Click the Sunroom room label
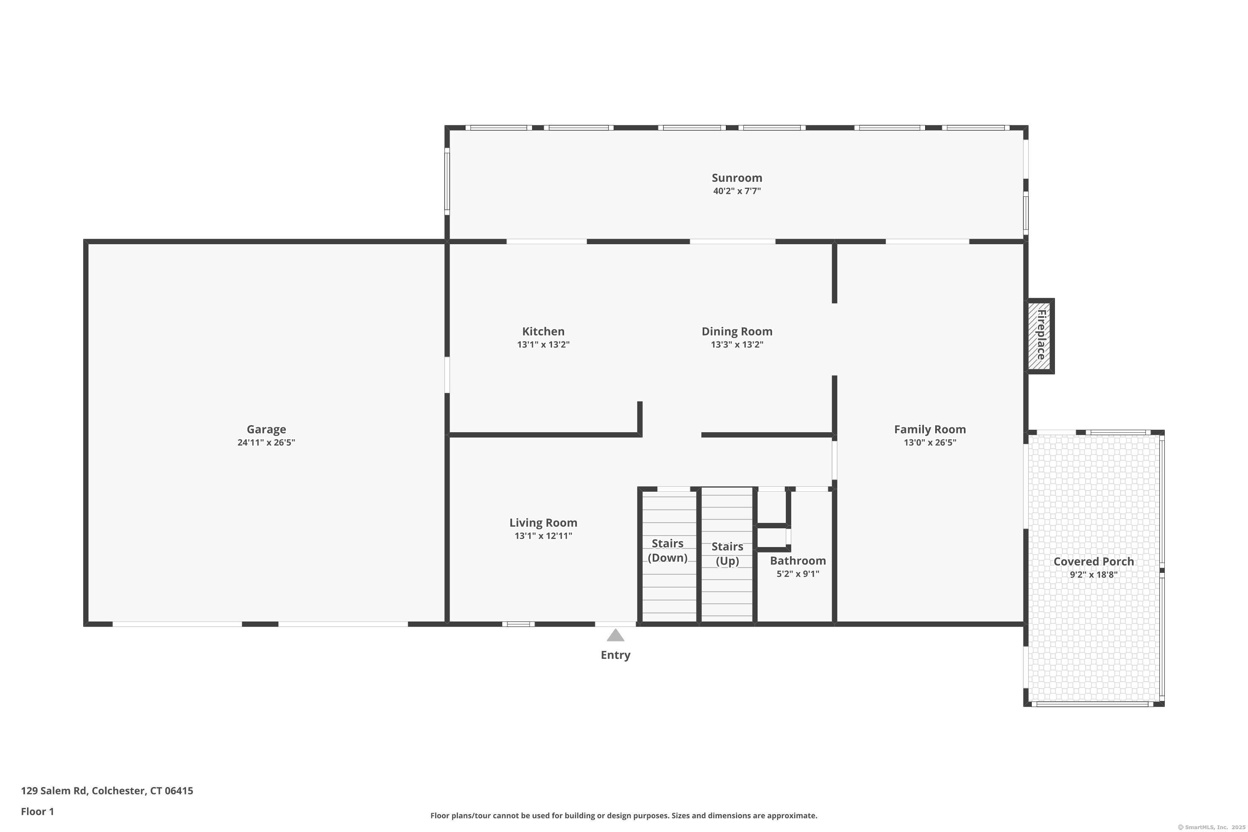tap(736, 178)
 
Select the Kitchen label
tap(543, 332)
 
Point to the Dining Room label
tap(736, 332)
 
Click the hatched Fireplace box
tap(1040, 336)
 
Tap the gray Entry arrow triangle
tap(615, 636)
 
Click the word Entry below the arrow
tap(615, 655)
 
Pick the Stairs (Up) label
tap(727, 553)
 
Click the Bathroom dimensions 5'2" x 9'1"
tap(797, 574)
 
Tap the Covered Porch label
tap(1093, 561)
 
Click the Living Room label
tap(543, 522)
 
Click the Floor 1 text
tap(37, 811)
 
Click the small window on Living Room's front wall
tap(518, 624)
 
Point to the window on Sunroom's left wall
tap(447, 181)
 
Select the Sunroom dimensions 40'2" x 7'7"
tap(736, 191)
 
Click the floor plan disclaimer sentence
tap(624, 815)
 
